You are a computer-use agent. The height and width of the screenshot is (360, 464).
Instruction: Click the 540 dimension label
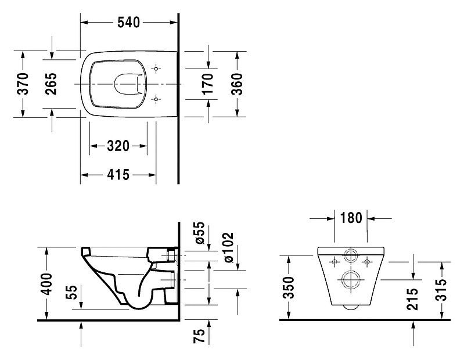[128, 23]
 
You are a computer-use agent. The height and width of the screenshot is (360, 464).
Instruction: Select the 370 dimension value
[23, 84]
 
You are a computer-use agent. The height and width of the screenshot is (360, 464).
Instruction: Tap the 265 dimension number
[51, 84]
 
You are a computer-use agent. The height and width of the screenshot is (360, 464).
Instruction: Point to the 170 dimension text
[208, 84]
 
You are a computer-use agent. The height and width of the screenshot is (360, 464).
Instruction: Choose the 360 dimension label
[237, 84]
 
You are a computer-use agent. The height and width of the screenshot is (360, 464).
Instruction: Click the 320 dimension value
[118, 146]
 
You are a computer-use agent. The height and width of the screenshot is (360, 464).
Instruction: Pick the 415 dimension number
[118, 175]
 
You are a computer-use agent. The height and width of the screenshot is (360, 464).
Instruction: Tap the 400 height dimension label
[46, 284]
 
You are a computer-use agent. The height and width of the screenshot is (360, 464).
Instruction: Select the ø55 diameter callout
[200, 233]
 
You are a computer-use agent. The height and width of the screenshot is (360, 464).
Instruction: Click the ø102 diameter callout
[229, 247]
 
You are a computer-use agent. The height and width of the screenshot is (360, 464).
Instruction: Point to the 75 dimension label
[199, 336]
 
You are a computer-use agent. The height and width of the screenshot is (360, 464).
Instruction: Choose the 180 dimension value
[351, 218]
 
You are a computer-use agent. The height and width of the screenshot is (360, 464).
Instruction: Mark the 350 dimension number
[289, 287]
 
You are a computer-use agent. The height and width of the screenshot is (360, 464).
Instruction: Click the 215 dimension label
[412, 299]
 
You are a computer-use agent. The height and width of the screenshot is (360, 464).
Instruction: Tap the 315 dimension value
[441, 290]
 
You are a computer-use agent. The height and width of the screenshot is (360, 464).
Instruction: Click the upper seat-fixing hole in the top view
[156, 69]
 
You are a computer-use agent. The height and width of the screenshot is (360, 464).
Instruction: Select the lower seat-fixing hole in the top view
[156, 99]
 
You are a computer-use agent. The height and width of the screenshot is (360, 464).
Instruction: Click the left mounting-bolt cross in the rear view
[335, 262]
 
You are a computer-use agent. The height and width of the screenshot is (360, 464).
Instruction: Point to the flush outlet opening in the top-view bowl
[114, 84]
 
